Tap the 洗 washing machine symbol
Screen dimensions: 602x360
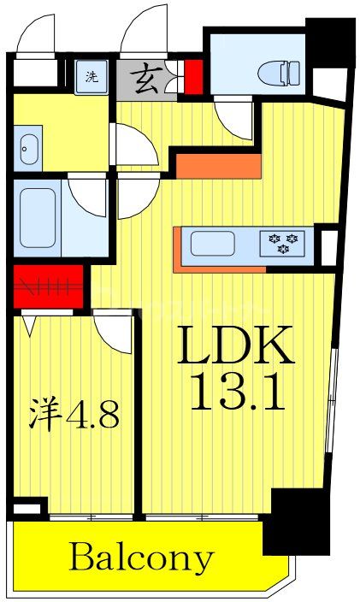point(91,77)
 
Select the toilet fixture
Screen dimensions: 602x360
point(273,72)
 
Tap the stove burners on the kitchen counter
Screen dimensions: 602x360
point(282,244)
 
